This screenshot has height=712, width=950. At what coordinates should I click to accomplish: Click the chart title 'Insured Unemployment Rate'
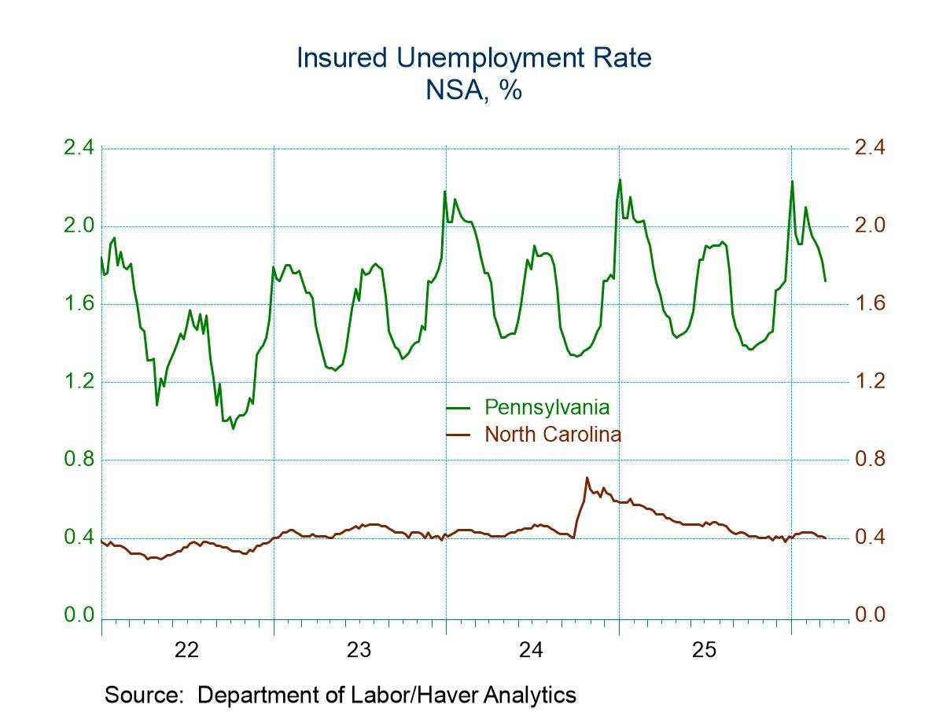(474, 58)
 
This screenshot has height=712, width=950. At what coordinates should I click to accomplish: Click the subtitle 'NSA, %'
(474, 90)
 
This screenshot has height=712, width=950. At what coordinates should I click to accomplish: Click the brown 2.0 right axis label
(871, 226)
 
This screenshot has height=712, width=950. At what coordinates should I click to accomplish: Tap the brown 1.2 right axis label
(871, 382)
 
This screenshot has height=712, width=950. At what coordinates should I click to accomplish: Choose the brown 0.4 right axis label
(871, 538)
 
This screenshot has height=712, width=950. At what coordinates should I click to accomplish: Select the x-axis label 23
(359, 651)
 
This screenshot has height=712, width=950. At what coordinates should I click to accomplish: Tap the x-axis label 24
(532, 651)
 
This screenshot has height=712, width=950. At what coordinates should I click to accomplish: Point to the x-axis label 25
(704, 651)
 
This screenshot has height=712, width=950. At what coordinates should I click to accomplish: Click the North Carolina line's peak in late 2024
(587, 477)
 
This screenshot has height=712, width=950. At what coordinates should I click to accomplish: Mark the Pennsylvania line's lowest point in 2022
(233, 428)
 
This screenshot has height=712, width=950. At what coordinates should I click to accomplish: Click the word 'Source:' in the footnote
(146, 695)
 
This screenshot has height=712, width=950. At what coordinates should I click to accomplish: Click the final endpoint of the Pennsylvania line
(825, 281)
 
